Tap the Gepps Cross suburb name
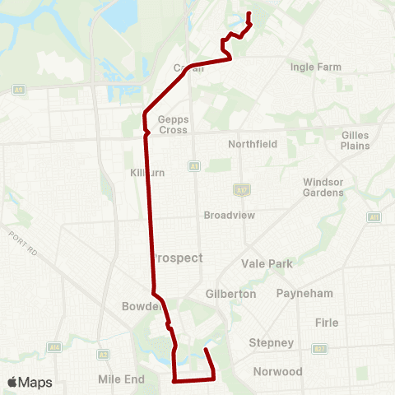(173, 124)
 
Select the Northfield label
(253, 144)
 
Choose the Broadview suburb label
(230, 215)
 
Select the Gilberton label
(231, 294)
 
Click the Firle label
(327, 323)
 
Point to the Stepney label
(271, 342)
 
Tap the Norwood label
(279, 372)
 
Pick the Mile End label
(121, 379)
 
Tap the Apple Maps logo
(29, 382)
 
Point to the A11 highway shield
(374, 217)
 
